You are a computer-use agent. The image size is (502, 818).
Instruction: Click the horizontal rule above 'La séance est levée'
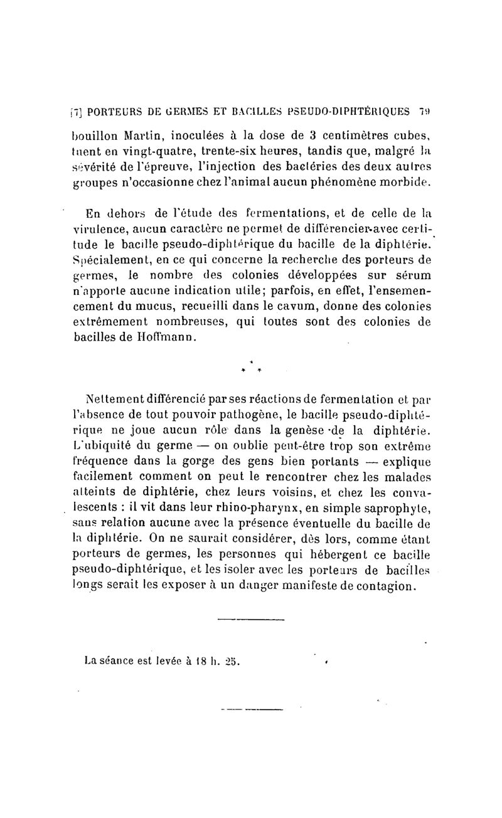pos(250,620)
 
